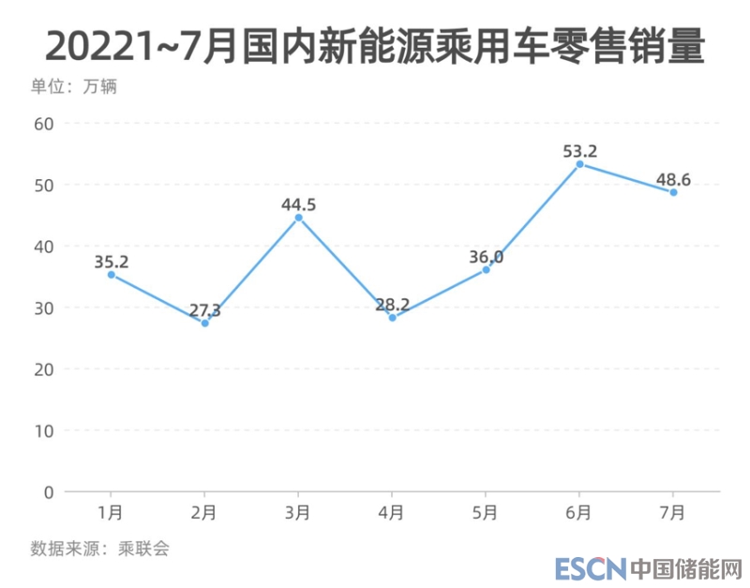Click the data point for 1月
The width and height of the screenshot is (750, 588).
[112, 275]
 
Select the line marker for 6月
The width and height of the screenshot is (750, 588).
[579, 164]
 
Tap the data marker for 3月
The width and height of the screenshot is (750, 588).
[299, 218]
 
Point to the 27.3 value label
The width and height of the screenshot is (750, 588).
[204, 309]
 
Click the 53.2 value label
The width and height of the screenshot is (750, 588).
[579, 149]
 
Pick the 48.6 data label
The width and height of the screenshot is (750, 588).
[673, 177]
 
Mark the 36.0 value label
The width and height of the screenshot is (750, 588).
[486, 256]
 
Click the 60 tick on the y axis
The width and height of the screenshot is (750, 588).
[44, 123]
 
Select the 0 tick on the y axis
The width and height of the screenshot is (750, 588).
[49, 491]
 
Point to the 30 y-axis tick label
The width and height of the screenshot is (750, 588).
[44, 308]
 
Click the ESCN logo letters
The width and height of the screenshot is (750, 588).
[589, 568]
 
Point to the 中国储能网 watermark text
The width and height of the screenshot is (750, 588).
[686, 568]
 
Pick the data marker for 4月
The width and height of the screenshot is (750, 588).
[392, 318]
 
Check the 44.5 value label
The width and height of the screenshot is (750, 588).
[299, 204]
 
